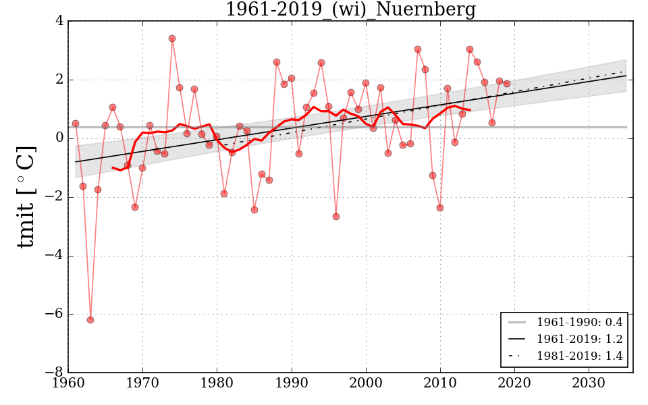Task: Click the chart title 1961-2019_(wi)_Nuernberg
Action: (350, 10)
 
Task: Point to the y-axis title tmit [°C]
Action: (26, 196)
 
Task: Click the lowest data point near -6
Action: (90, 320)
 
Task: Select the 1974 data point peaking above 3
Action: (172, 38)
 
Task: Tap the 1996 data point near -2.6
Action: (335, 217)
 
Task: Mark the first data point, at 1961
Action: (76, 124)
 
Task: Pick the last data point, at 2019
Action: (507, 84)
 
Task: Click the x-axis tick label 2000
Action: (366, 384)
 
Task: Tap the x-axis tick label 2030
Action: (589, 384)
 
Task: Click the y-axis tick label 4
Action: (59, 21)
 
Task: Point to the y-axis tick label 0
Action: (59, 138)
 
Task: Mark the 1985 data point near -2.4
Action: (254, 210)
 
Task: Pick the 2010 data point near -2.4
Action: (440, 208)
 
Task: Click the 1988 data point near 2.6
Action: (277, 62)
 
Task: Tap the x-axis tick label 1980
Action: (217, 384)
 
